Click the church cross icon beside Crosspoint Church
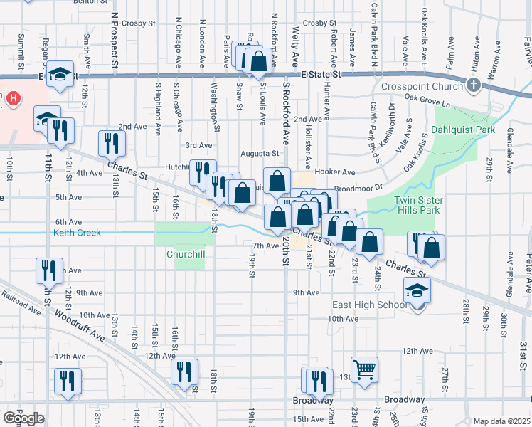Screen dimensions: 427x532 click(x=474, y=86)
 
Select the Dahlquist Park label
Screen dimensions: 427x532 click(x=462, y=130)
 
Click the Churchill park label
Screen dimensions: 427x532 click(x=185, y=254)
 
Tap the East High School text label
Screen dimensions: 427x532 click(x=370, y=305)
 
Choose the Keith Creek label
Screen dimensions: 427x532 click(x=77, y=233)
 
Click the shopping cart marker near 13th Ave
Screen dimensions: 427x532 click(x=364, y=369)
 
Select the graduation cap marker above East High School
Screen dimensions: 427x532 click(x=417, y=290)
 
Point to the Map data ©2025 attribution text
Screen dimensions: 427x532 click(x=501, y=421)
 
